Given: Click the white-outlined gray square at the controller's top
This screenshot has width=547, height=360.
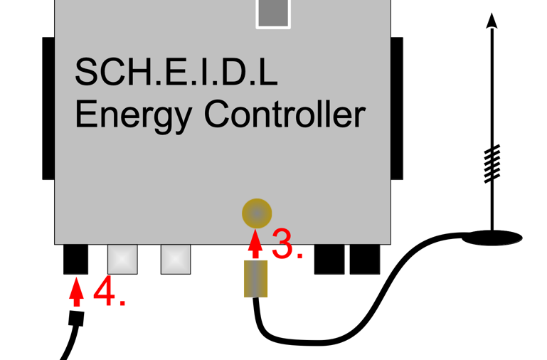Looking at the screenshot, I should [274, 13].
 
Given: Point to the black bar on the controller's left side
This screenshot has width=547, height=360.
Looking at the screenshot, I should [48, 108].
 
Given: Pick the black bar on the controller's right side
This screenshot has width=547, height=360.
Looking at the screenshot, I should [396, 108].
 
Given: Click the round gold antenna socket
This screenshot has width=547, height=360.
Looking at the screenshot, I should [257, 213].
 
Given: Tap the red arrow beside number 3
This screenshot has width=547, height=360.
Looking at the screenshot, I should [257, 242].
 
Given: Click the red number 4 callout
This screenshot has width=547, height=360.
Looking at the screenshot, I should [109, 293].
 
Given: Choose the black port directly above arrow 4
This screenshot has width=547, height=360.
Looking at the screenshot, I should [76, 259].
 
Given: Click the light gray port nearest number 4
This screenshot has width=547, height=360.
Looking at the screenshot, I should [122, 260].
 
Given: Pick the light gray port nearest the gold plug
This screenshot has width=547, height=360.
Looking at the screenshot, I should [176, 260].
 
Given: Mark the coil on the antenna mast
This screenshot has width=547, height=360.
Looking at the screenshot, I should [492, 164].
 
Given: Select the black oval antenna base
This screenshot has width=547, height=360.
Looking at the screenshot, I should [492, 237].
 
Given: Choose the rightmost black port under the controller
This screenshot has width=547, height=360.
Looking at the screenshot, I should [365, 259].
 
